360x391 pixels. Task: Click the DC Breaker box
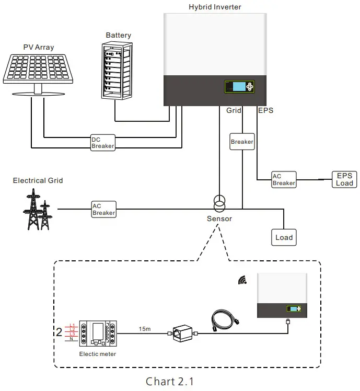(103, 143)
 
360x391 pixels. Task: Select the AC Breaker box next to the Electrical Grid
(103, 209)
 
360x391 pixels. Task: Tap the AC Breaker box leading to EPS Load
(284, 179)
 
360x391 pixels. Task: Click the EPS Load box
(344, 179)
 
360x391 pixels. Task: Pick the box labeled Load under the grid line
(284, 237)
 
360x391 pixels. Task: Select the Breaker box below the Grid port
(242, 142)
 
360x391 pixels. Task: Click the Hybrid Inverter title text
(215, 7)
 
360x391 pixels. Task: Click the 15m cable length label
(145, 329)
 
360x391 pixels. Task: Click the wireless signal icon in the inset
(242, 281)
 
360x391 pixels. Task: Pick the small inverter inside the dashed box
(282, 296)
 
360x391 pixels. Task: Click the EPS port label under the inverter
(265, 111)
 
